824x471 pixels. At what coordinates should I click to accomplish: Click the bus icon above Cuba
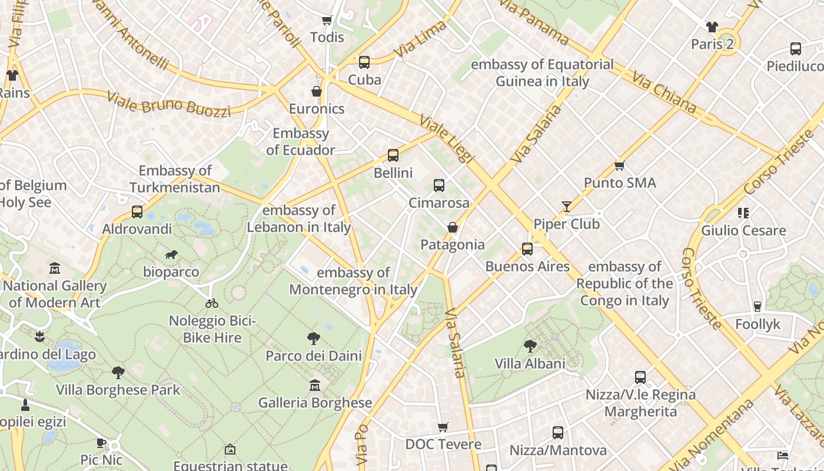[364, 62]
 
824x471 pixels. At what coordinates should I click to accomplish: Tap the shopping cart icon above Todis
[327, 20]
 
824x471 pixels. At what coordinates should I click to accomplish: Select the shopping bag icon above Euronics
[317, 91]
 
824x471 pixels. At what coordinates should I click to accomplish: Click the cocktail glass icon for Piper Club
[566, 206]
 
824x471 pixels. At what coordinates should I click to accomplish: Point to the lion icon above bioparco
[171, 255]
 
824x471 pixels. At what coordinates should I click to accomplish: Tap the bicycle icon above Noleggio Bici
[212, 303]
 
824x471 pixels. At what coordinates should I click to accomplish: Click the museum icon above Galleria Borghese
[315, 385]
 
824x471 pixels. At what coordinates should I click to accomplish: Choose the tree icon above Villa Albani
[530, 346]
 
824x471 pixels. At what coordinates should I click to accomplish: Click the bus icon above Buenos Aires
[527, 249]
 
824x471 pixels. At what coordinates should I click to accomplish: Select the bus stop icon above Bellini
[393, 155]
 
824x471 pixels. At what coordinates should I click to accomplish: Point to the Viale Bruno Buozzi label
[168, 104]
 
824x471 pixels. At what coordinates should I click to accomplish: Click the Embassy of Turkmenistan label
[175, 179]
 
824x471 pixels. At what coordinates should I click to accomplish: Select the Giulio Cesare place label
[743, 230]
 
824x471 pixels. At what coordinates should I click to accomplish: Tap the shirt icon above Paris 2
[712, 26]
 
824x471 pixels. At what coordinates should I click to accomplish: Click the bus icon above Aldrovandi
[137, 212]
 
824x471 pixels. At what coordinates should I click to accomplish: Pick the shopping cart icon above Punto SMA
[619, 165]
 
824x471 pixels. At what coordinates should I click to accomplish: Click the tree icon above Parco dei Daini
[314, 338]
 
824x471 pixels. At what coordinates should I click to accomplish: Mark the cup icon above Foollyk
[757, 306]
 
